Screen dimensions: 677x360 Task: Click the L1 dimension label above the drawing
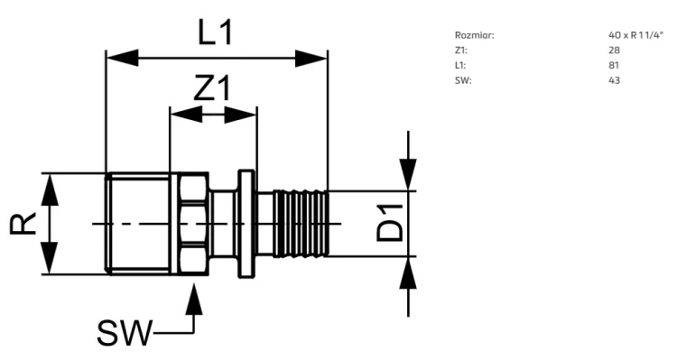[216, 32]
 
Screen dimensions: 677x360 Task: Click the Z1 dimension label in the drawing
[212, 88]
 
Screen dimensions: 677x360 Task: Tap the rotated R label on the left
[23, 223]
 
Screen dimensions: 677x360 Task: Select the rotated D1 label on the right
[390, 223]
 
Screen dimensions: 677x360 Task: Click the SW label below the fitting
[125, 333]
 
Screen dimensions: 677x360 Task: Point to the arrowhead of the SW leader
[194, 299]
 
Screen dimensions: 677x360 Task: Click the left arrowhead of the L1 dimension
[122, 58]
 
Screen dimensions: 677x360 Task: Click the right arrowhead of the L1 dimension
[311, 58]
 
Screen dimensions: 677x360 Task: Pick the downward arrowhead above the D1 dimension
[408, 174]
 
